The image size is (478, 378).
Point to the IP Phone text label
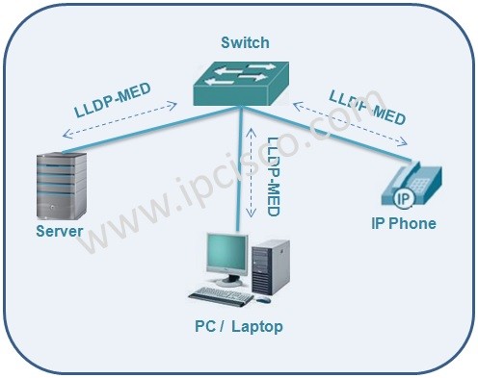coord(403,223)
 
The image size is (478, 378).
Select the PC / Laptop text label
coord(238,327)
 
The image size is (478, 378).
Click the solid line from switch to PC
coord(238,173)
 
